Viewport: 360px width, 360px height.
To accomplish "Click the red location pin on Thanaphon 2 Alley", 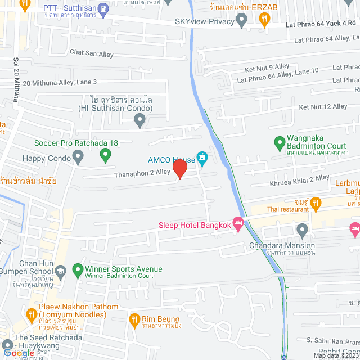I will [180, 169].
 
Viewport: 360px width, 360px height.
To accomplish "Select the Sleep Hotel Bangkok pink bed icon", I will [238, 224].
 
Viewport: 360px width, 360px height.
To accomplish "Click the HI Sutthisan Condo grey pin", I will [140, 119].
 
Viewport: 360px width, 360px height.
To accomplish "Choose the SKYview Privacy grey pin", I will [242, 21].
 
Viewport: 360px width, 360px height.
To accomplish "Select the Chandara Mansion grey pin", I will [303, 229].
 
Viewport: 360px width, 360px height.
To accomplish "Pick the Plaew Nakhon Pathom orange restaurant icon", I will [31, 313].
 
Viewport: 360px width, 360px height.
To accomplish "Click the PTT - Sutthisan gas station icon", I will [103, 8].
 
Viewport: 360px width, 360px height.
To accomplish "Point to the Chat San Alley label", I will [92, 53].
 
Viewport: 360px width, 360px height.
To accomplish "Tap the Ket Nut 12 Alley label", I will [323, 106].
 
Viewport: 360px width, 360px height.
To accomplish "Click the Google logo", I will [19, 353].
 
